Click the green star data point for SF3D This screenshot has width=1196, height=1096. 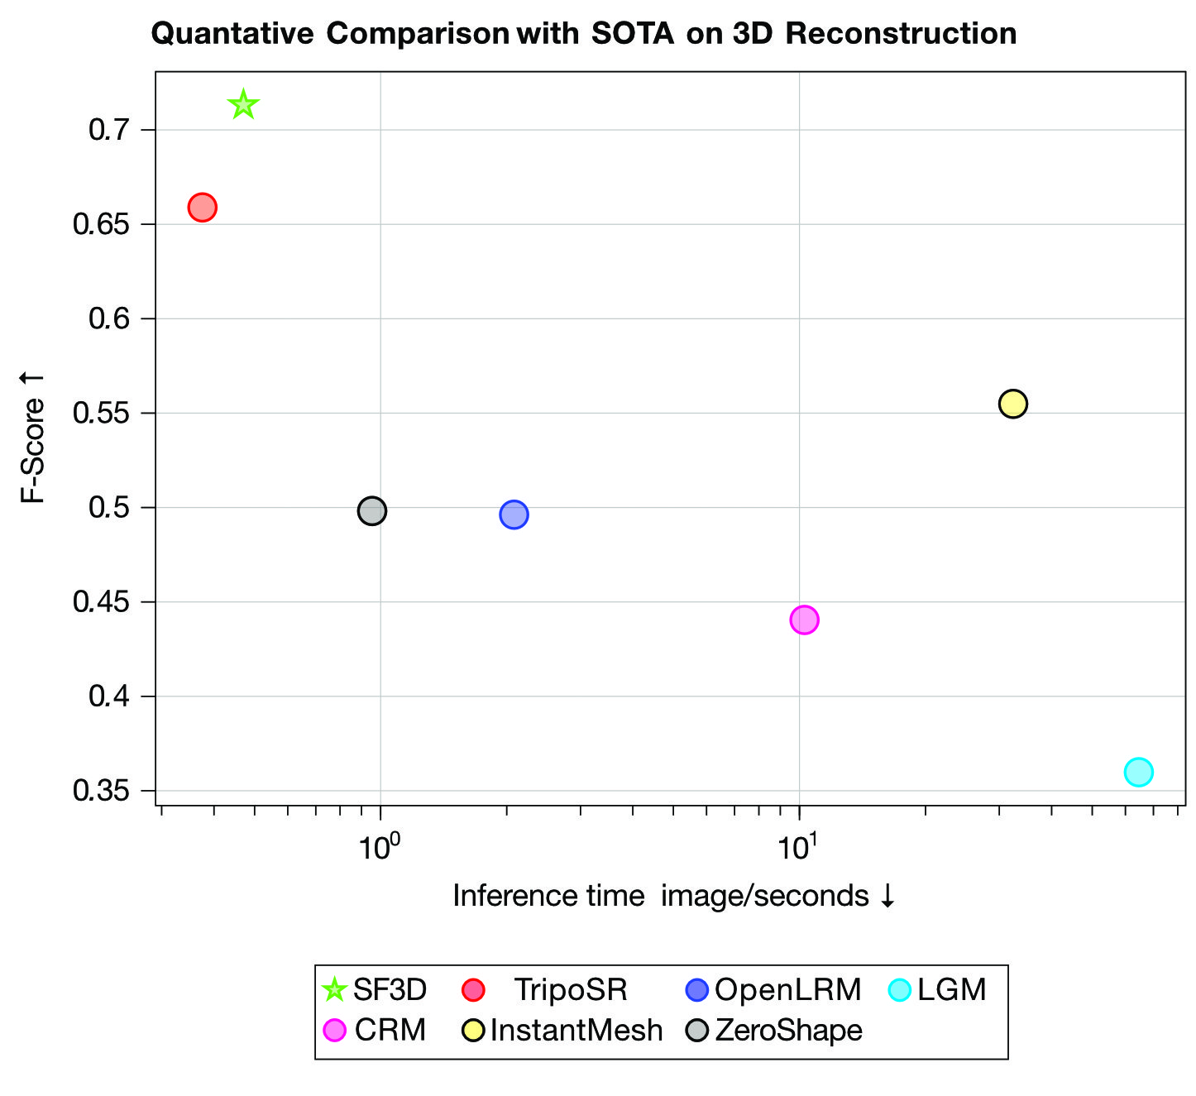pos(242,105)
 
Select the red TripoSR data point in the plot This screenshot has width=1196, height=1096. pos(203,207)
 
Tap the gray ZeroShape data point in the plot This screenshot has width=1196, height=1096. pos(372,511)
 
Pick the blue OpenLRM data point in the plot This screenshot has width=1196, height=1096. pos(514,514)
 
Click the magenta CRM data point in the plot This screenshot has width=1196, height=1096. pos(804,620)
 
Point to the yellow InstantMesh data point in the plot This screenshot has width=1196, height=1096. pos(1012,404)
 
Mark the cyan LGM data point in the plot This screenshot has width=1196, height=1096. pos(1138,772)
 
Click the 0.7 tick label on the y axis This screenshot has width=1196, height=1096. pos(109,130)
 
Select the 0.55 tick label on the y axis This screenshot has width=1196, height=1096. pos(102,413)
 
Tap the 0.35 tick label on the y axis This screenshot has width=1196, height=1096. pos(102,791)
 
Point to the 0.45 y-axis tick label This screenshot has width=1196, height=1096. pos(102,602)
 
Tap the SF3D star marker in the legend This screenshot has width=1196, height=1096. pos(334,989)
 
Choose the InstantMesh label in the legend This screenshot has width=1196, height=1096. pos(576,1031)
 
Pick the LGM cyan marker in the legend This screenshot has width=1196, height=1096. pos(899,989)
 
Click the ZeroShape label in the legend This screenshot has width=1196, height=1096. pos(788,1031)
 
